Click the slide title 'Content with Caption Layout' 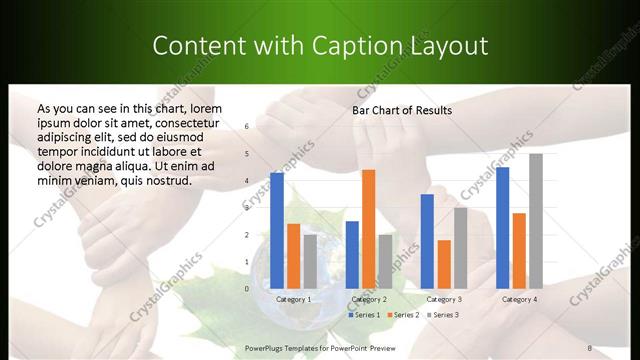(320, 46)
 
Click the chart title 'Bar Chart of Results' (402, 110)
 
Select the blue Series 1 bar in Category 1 (277, 231)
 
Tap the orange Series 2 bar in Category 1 (293, 256)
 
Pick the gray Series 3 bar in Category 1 (310, 262)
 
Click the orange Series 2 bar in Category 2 (369, 229)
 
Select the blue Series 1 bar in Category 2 (352, 255)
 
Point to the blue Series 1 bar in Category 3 (427, 241)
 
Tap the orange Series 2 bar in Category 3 (444, 264)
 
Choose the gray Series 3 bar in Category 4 (536, 221)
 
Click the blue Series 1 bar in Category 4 (502, 228)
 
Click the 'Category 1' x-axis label (294, 299)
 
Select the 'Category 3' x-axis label (444, 299)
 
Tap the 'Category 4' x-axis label (519, 299)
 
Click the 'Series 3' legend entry (443, 315)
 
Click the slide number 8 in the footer (589, 347)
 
